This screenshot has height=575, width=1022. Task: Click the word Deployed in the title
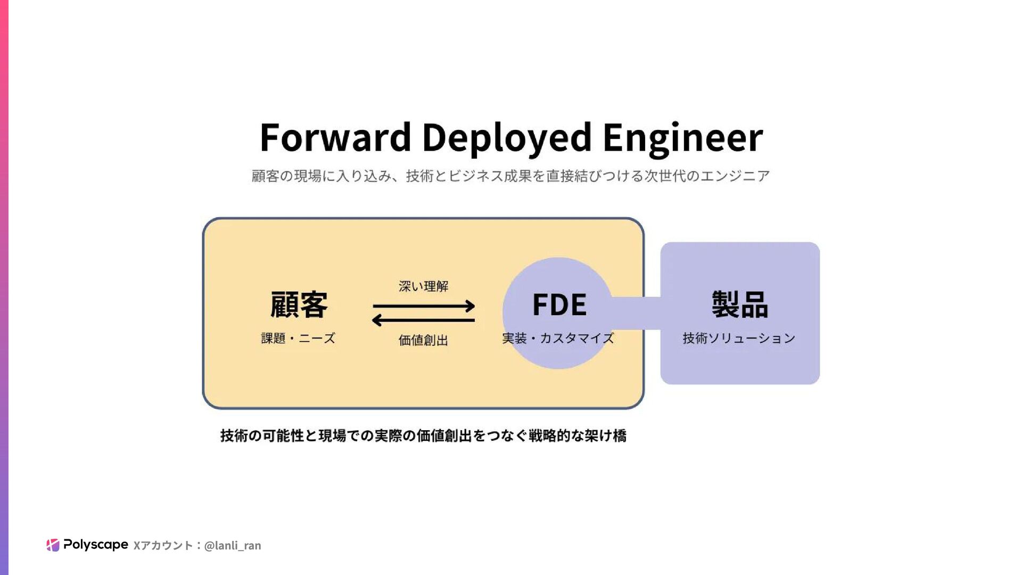[x=506, y=137]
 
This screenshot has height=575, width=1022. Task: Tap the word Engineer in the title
[x=682, y=137]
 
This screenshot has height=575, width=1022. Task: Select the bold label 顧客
[x=299, y=305]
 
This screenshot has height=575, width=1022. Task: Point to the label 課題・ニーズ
[x=298, y=338]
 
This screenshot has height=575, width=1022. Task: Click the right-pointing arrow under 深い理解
[x=424, y=306]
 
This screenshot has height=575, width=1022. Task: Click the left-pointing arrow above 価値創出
[x=424, y=320]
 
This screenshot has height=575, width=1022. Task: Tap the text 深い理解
[x=424, y=286]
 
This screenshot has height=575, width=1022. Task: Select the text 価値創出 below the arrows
[x=424, y=340]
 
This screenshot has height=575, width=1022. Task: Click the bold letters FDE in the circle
[x=559, y=305]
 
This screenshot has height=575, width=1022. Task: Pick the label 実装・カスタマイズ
[x=558, y=338]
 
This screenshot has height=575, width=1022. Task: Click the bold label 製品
[x=740, y=305]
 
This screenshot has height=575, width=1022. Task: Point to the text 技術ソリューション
[x=739, y=338]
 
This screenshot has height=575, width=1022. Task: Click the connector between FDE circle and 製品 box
[x=637, y=313]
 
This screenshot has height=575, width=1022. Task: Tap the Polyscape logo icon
[x=53, y=545]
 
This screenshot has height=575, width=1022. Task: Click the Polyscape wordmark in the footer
[x=96, y=544]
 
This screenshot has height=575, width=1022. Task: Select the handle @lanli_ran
[x=233, y=545]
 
